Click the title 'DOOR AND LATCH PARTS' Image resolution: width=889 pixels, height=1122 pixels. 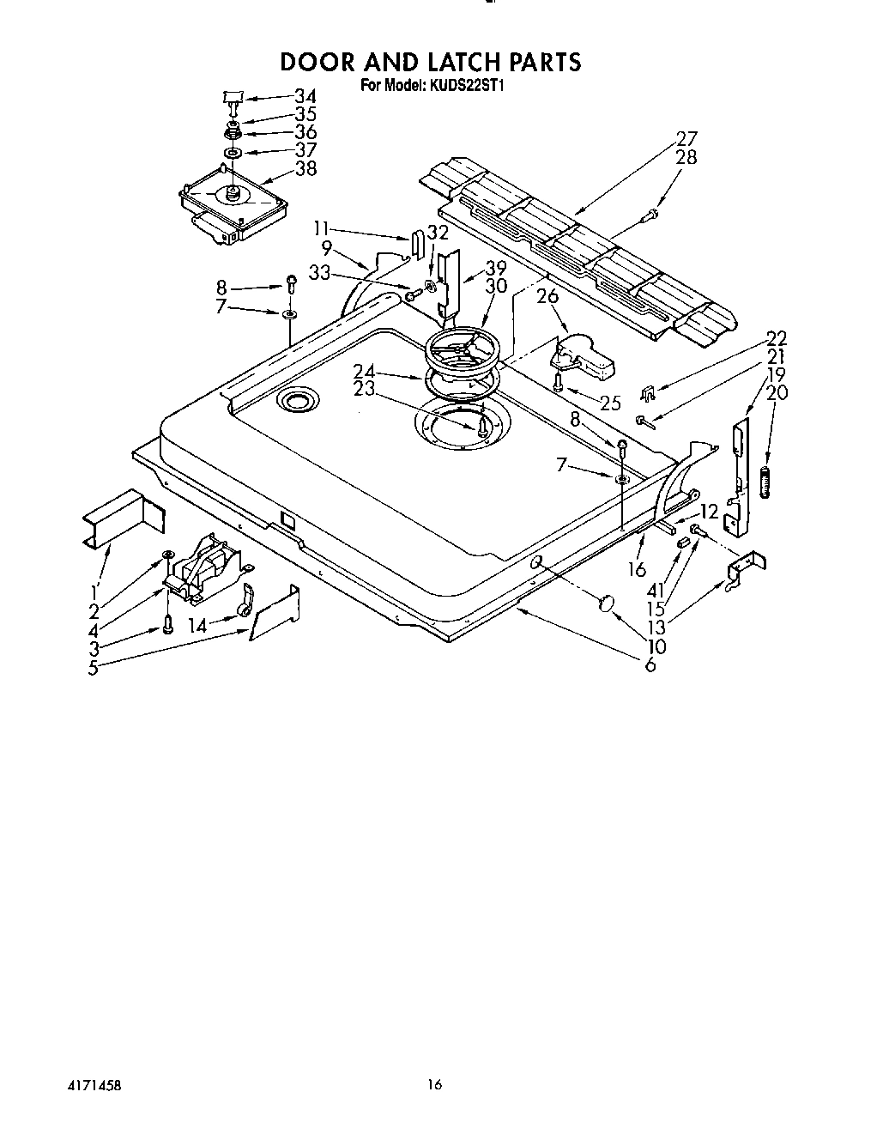click(432, 62)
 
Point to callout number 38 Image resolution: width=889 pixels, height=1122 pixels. click(305, 169)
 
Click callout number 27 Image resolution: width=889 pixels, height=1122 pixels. click(686, 138)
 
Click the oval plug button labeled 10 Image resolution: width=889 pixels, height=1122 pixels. click(606, 603)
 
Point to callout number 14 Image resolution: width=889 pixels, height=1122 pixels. click(197, 627)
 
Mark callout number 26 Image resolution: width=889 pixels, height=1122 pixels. click(547, 296)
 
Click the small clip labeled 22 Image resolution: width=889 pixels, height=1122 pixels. click(650, 393)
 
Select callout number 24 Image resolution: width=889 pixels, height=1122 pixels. click(364, 371)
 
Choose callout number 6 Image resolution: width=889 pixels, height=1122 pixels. click(650, 664)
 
